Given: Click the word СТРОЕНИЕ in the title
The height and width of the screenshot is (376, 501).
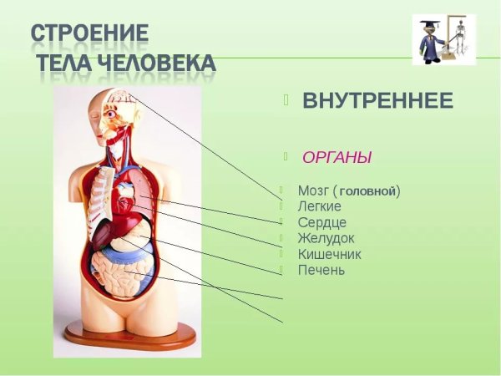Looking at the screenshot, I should pyautogui.click(x=90, y=34).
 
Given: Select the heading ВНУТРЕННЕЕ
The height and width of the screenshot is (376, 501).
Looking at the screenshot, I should pyautogui.click(x=377, y=102).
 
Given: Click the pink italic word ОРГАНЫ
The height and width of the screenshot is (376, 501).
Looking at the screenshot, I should pyautogui.click(x=337, y=157).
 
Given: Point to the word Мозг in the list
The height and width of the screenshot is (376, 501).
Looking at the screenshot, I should pyautogui.click(x=313, y=191).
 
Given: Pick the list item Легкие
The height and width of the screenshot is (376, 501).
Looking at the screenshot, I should pyautogui.click(x=318, y=206).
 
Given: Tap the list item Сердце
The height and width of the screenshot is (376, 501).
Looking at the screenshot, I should pyautogui.click(x=321, y=222).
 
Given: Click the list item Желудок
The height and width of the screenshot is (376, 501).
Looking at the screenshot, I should pyautogui.click(x=326, y=238).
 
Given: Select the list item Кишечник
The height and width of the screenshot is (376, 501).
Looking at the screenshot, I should pyautogui.click(x=329, y=254).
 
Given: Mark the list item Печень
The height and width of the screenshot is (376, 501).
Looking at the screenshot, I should pyautogui.click(x=321, y=270).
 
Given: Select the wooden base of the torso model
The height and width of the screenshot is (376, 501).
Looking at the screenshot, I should pyautogui.click(x=129, y=336).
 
